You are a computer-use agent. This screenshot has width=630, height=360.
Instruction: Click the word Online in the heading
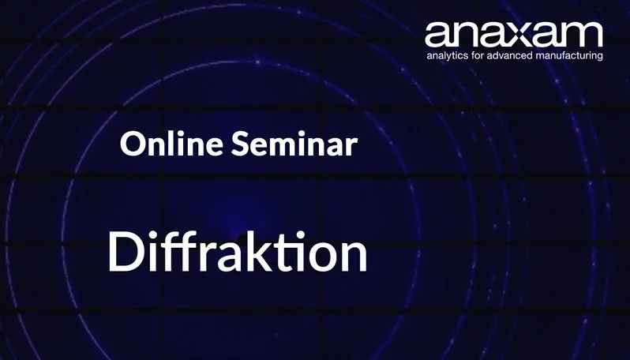pyautogui.click(x=163, y=144)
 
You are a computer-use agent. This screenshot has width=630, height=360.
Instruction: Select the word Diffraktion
pyautogui.click(x=238, y=252)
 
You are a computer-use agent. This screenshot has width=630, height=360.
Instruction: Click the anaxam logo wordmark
pyautogui.click(x=513, y=34)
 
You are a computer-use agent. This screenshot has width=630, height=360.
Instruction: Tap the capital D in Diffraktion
pyautogui.click(x=124, y=252)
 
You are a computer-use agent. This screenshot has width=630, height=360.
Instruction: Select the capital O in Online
pyautogui.click(x=131, y=144)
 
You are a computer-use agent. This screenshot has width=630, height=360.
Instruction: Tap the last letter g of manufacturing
pyautogui.click(x=598, y=58)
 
